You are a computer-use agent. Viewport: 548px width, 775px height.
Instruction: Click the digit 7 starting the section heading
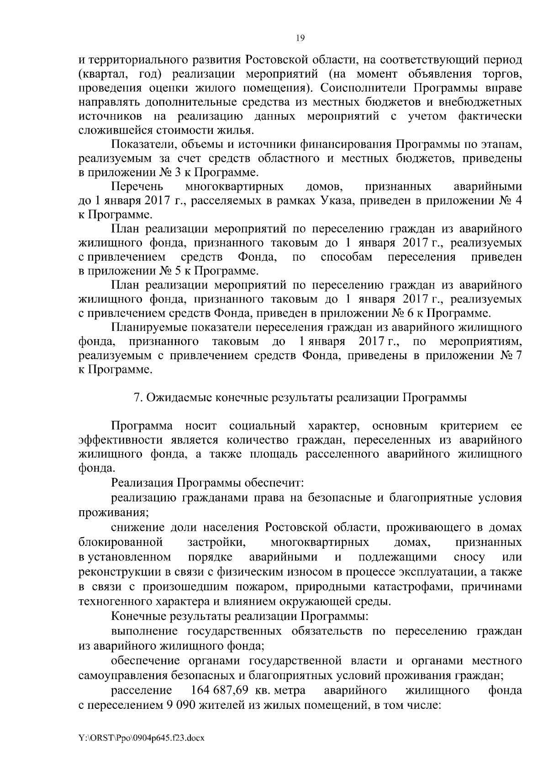[x=136, y=398]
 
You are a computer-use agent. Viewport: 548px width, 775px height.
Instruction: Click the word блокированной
[x=121, y=542]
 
